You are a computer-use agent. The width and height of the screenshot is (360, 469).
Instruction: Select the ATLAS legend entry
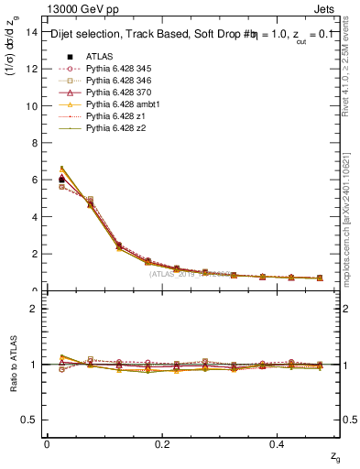[100, 56]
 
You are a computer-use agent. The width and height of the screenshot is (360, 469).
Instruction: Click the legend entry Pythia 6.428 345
[119, 69]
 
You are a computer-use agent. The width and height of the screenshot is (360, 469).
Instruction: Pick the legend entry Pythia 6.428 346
[119, 81]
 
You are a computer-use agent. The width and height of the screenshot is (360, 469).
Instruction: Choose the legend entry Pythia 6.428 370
[119, 93]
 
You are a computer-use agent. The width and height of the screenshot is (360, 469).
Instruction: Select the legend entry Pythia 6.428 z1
[116, 116]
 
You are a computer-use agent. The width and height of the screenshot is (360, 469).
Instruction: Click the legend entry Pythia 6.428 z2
[116, 128]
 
